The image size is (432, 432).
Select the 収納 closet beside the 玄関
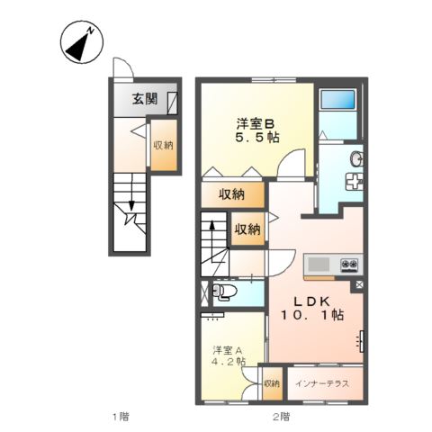point(163,145)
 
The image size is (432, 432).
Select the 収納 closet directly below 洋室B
point(231,193)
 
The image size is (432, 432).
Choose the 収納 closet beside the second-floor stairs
point(247,229)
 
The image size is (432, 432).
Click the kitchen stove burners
point(349,264)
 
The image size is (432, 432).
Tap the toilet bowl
point(226,292)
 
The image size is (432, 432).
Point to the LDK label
point(311,301)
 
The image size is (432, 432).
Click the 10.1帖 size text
point(311,317)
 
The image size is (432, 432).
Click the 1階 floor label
point(120,416)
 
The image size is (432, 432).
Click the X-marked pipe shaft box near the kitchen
point(359,286)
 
